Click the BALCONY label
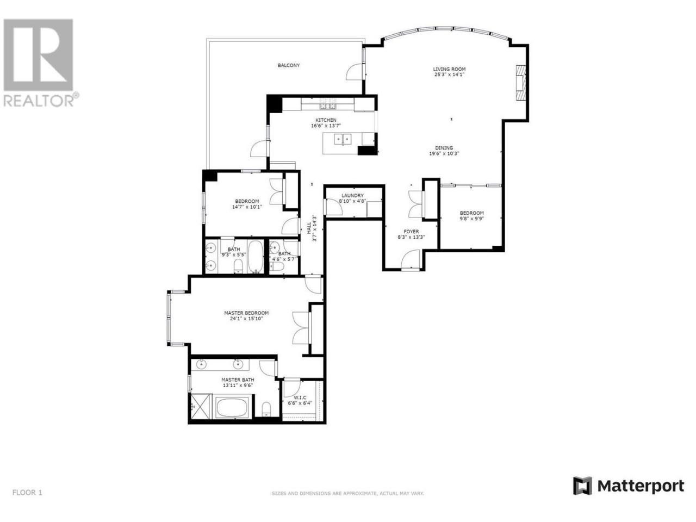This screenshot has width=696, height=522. [288, 65]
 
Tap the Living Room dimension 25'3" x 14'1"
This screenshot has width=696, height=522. [449, 75]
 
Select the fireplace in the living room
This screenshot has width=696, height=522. [520, 83]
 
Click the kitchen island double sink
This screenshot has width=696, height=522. [343, 139]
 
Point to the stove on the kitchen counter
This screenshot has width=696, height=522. [327, 104]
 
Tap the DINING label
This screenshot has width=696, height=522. [444, 148]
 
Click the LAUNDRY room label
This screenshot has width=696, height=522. [352, 196]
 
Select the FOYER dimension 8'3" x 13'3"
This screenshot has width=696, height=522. [411, 237]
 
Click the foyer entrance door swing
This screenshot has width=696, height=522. [411, 259]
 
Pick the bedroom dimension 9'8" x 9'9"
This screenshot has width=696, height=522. [471, 219]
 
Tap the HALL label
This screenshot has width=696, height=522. [309, 228]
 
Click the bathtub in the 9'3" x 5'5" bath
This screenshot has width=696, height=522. [255, 257]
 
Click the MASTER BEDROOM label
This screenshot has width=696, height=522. [246, 313]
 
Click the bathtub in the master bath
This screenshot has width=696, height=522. [232, 408]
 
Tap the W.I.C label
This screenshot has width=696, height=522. [300, 397]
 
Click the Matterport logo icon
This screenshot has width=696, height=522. [582, 494]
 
